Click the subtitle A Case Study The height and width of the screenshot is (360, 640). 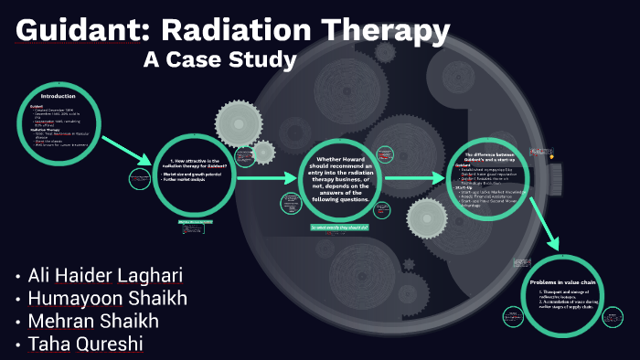[220, 60]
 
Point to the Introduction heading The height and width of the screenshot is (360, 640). [59, 95]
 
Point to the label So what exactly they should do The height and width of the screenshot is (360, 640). [338, 227]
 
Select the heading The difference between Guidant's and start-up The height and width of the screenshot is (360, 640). [493, 158]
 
